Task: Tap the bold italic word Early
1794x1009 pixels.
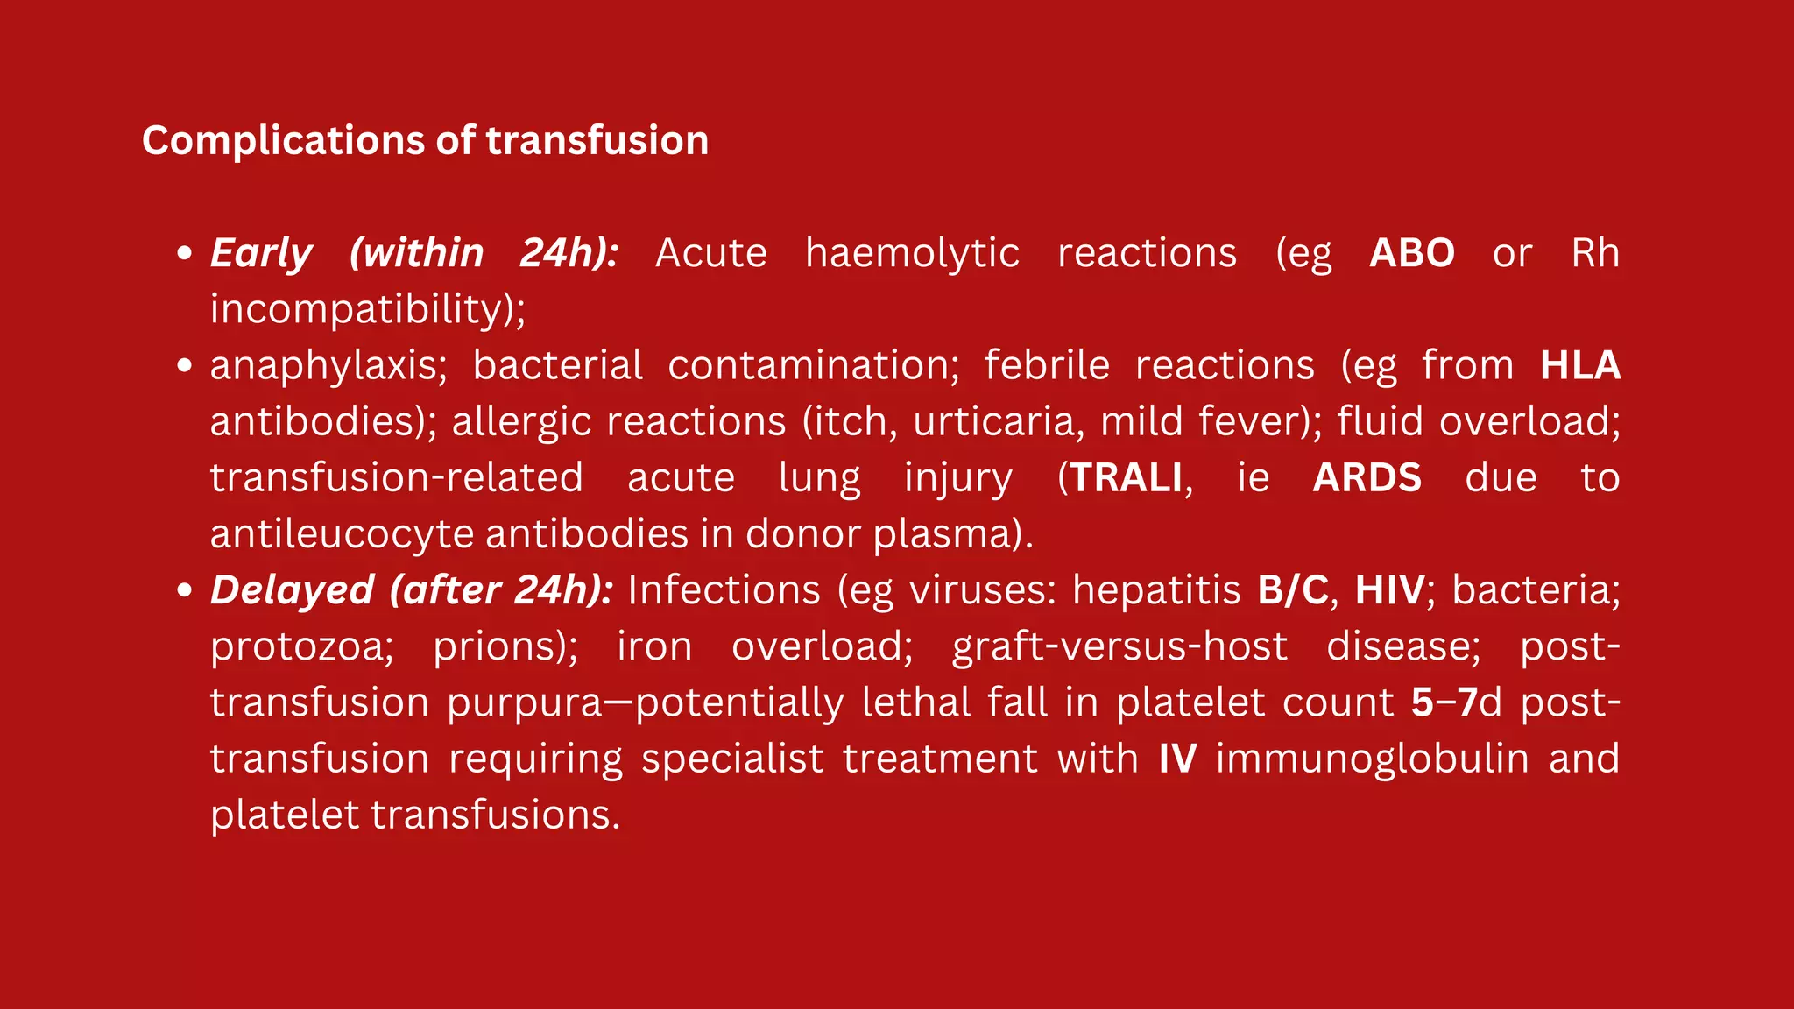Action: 261,254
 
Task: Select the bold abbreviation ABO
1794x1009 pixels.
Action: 1411,254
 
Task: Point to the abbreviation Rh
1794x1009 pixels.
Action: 1594,254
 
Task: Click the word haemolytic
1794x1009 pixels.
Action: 912,254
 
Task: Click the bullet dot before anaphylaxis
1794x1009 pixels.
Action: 184,365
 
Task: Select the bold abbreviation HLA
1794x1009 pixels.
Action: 1579,365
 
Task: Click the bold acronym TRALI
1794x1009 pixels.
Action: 1127,478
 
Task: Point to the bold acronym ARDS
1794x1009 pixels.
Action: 1367,478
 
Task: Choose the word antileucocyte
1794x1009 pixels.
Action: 342,533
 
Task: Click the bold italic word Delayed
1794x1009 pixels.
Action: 292,589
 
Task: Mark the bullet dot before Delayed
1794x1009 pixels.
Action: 184,590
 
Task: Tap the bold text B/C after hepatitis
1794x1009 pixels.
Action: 1293,589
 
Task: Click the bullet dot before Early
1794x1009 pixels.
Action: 184,253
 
